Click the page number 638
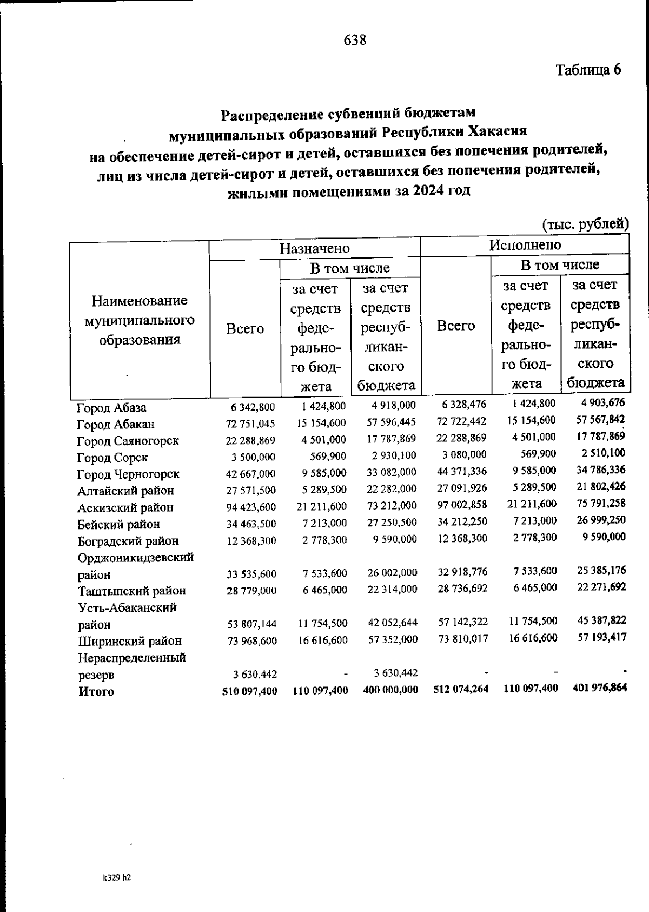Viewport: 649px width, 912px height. coord(355,40)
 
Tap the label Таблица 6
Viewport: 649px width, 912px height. coord(588,70)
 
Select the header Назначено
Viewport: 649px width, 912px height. coord(314,248)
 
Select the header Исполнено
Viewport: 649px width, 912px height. coord(525,245)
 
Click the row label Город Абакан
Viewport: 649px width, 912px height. coord(116,424)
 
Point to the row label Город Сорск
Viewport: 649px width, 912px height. coord(112,458)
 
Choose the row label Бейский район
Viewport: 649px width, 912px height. coord(118,524)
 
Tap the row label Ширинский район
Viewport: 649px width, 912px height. coord(130,642)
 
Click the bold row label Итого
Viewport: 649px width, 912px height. coord(96,691)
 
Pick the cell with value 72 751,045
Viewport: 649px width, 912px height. coord(250,424)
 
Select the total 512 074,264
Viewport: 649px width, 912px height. coord(461,690)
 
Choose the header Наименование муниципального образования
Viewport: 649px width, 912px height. coord(140,320)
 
